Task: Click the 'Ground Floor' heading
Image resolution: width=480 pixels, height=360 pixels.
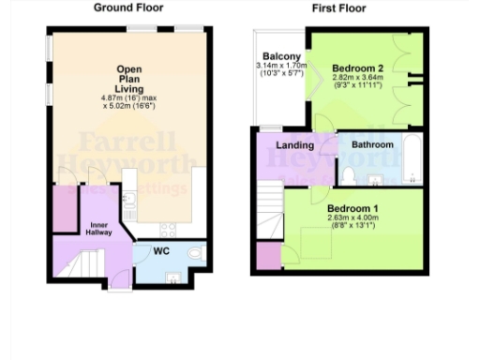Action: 128,8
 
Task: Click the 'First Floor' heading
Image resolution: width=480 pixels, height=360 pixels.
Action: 338,8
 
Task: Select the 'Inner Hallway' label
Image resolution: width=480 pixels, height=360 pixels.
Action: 100,229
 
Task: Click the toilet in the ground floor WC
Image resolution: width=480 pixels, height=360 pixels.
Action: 194,252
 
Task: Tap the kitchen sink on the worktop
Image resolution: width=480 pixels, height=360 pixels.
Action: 129,199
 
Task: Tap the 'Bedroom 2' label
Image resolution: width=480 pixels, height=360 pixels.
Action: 357,68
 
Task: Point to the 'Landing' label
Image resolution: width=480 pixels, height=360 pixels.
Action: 295,145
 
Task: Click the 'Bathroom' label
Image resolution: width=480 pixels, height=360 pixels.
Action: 372,145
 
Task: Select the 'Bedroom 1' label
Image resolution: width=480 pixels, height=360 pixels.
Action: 352,208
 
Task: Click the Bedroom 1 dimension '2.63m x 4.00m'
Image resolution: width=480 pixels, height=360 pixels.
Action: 352,218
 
